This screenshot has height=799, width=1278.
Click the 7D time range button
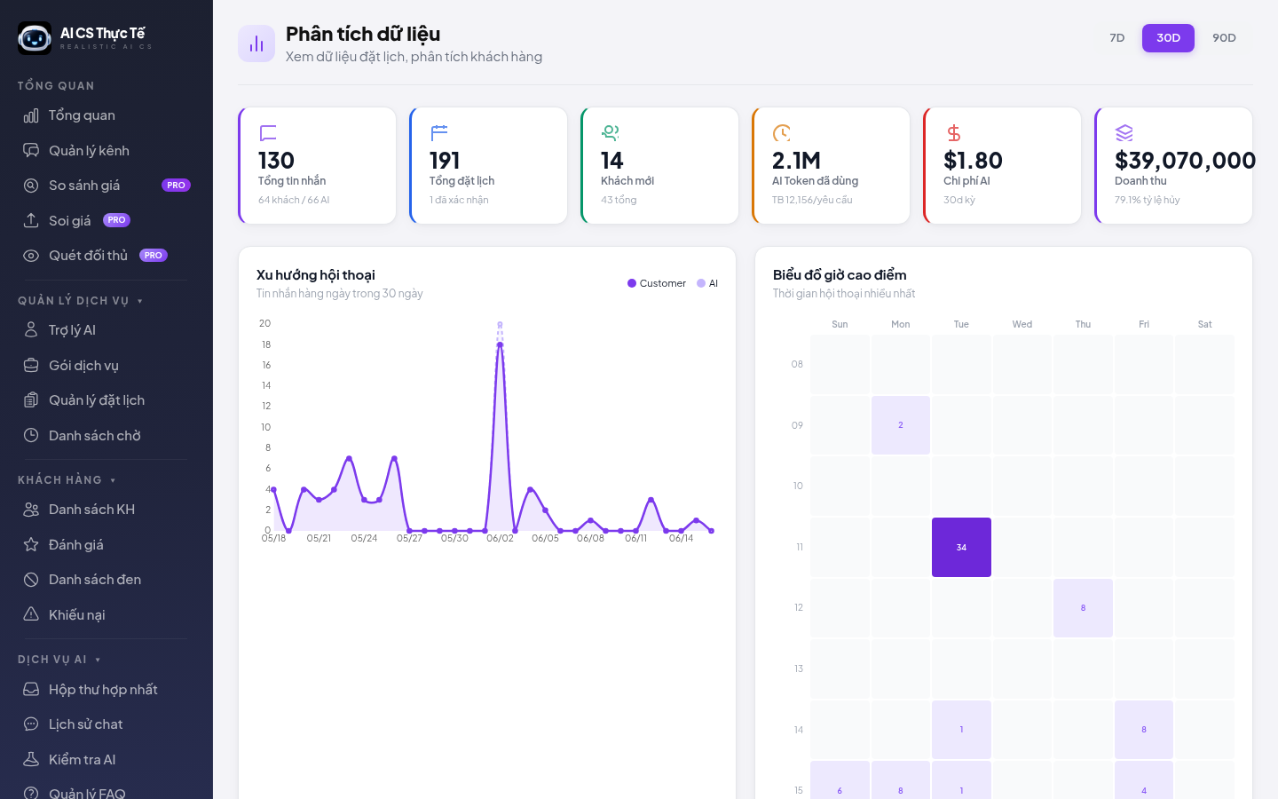[1116, 37]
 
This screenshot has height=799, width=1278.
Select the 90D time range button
[1224, 37]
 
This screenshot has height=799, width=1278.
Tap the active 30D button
[1168, 37]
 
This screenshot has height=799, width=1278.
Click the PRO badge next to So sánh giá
[176, 186]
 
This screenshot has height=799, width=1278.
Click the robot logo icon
[35, 38]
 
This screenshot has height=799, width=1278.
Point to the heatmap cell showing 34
[961, 547]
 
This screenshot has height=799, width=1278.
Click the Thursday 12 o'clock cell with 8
[1083, 608]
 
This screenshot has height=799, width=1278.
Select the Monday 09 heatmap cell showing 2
[900, 425]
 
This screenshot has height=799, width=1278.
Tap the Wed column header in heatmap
[1022, 324]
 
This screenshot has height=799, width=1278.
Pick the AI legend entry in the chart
[707, 283]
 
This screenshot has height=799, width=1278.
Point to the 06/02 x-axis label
[500, 538]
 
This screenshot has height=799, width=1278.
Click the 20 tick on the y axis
[264, 323]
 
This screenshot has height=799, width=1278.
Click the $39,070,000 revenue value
[1185, 161]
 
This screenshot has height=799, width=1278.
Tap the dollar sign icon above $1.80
[953, 133]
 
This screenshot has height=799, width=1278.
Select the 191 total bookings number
[445, 161]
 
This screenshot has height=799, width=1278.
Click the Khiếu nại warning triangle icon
[31, 614]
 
